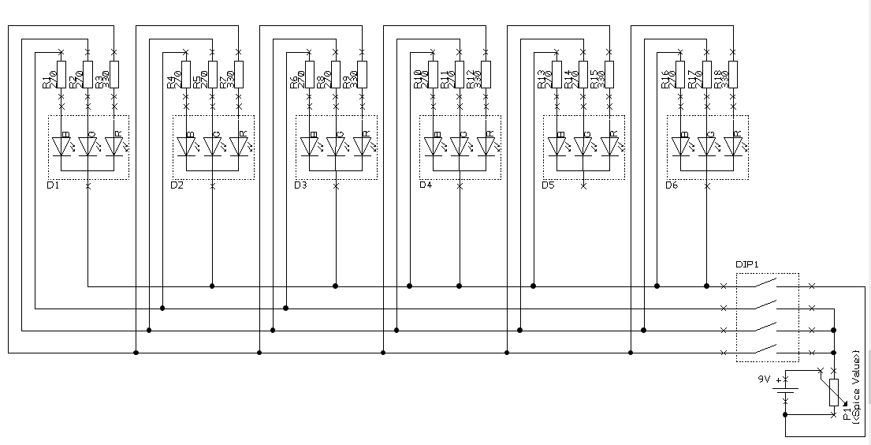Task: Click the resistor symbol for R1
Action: pos(61,74)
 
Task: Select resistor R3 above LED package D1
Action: pos(114,74)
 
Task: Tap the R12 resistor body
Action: pos(485,74)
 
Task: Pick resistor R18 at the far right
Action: pos(733,74)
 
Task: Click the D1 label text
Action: pos(54,185)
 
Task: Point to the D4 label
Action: pos(426,185)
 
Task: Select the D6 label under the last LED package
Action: pos(672,185)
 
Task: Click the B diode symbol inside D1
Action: pos(61,147)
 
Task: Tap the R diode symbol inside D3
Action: pos(362,147)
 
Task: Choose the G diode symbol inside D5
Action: pos(583,147)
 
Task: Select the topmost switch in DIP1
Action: pos(767,286)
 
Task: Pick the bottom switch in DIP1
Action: pos(767,351)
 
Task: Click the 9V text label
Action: pos(764,380)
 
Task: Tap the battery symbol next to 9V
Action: pos(786,393)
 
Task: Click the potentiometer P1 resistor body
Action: pos(834,393)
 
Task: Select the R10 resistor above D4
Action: pos(432,74)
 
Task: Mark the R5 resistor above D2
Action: pos(211,74)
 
